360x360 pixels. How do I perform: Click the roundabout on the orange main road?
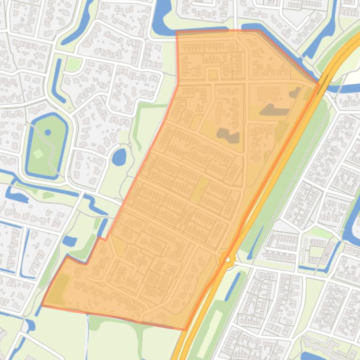click(228, 259)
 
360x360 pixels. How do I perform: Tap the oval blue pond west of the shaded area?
click(119, 157)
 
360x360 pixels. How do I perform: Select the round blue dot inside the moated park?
click(48, 133)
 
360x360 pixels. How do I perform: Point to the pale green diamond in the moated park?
click(38, 153)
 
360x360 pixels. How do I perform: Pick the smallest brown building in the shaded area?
click(295, 93)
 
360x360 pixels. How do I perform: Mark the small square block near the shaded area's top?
click(213, 75)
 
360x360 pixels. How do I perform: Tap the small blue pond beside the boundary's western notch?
click(69, 241)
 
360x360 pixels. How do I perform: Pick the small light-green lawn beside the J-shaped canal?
click(73, 65)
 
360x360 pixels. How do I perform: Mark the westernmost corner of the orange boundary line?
click(42, 306)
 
